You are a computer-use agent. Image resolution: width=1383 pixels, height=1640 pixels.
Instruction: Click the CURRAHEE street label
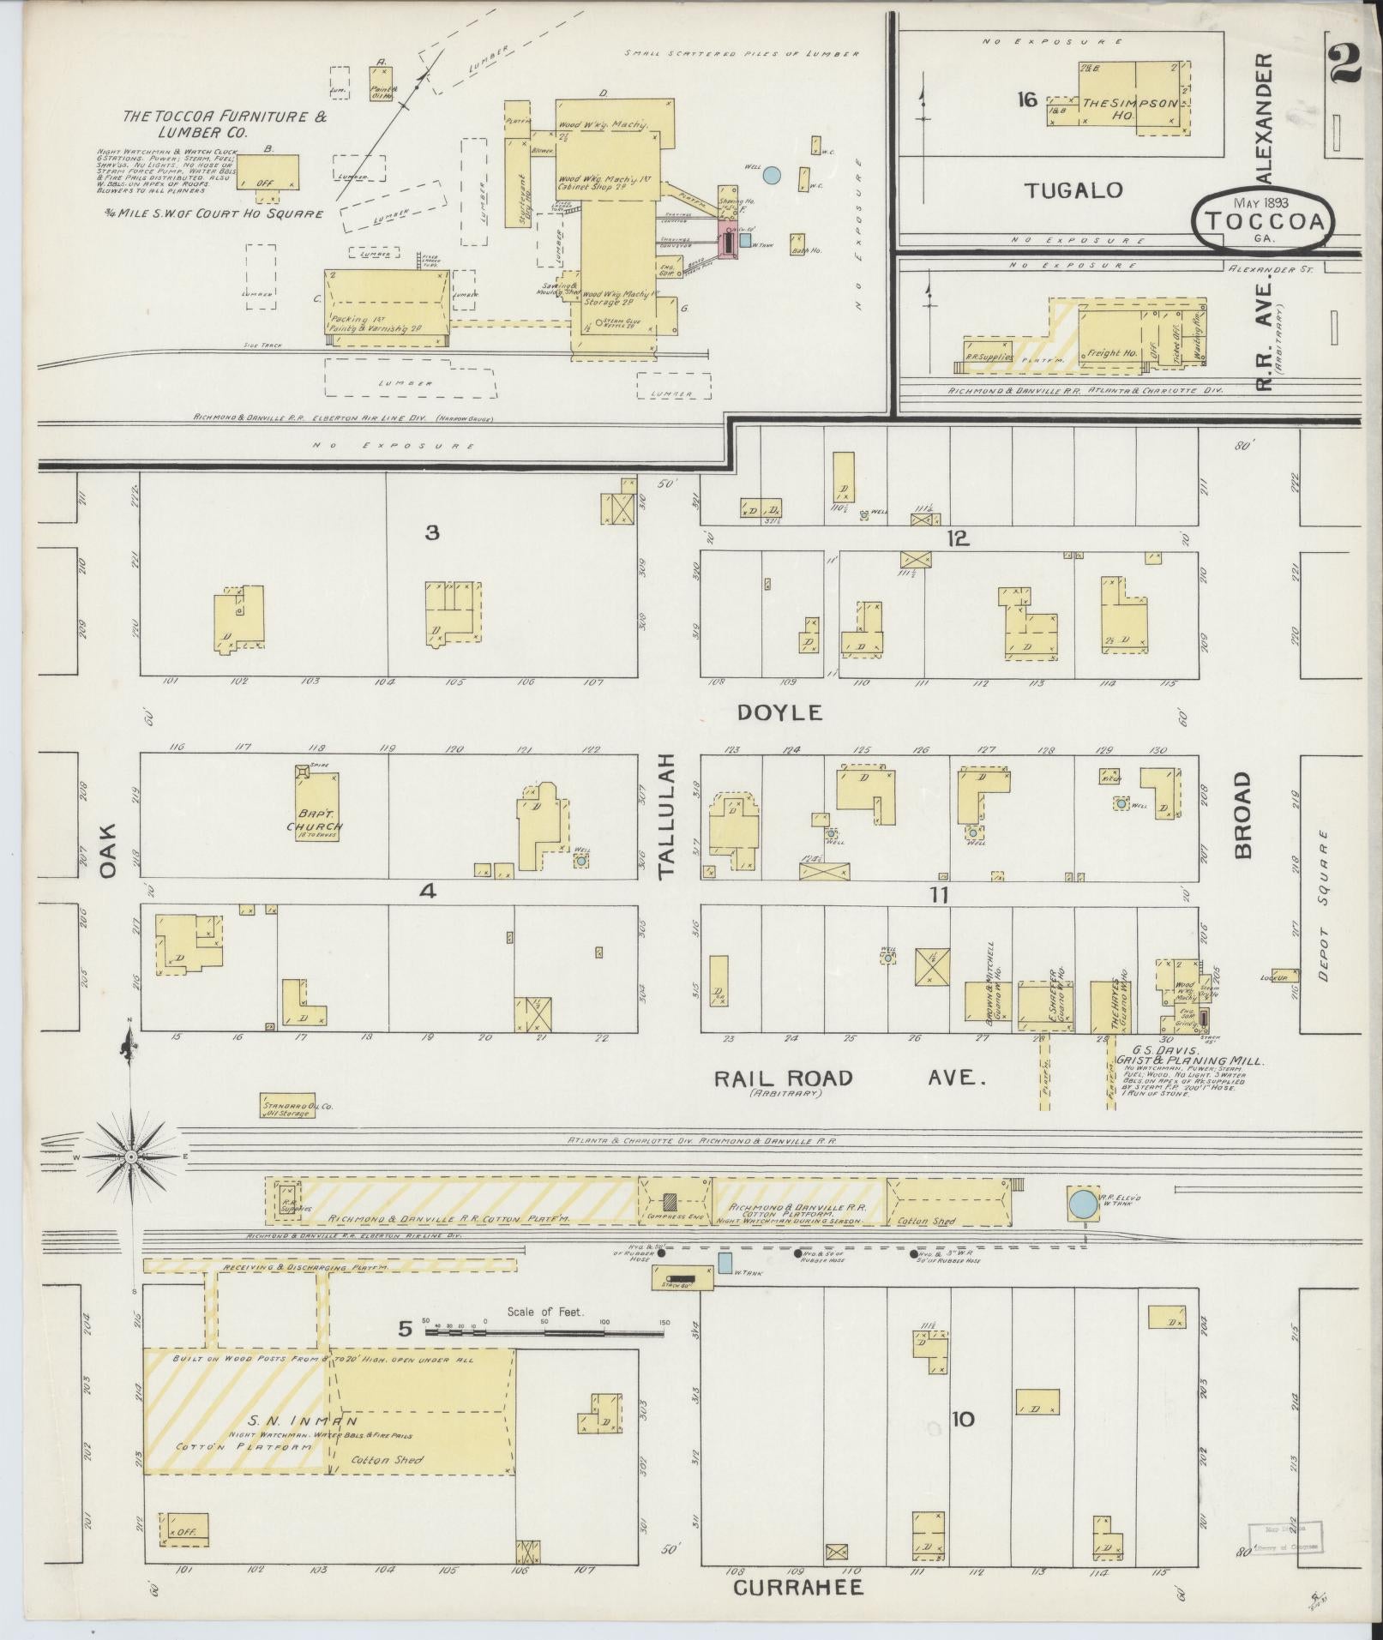click(797, 1588)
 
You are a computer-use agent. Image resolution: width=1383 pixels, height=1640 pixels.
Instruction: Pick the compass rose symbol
click(130, 1156)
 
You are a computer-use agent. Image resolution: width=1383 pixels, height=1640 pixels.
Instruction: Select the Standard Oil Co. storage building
click(286, 1107)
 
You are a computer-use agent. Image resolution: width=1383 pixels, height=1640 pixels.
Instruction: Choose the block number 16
click(1026, 100)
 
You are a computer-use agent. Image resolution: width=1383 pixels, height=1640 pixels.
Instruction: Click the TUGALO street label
click(1073, 190)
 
